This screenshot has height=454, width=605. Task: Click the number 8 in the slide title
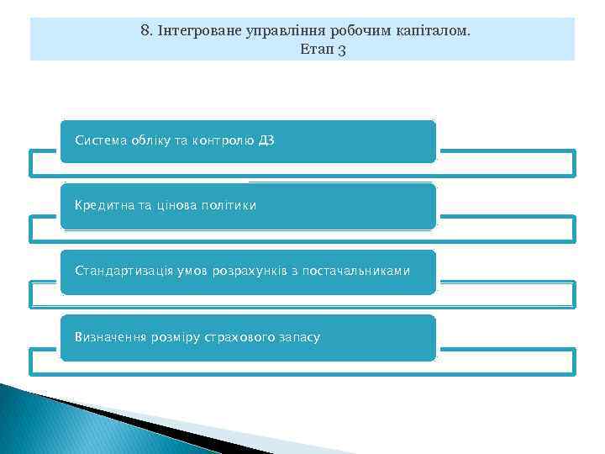(x=145, y=31)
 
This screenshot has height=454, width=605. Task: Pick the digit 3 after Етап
(x=342, y=50)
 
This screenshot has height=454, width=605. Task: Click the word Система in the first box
(x=100, y=140)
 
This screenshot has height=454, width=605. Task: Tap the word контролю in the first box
(x=223, y=140)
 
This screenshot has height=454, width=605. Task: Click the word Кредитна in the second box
(x=102, y=205)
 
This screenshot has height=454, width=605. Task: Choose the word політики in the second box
(x=226, y=205)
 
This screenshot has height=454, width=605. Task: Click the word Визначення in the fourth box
(x=110, y=337)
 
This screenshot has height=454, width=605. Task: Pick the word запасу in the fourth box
(x=300, y=337)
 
